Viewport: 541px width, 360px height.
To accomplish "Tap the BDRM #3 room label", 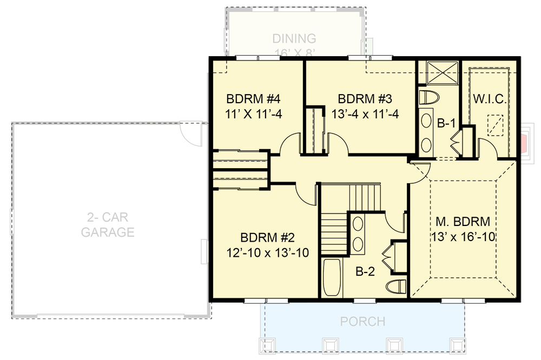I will pyautogui.click(x=364, y=99).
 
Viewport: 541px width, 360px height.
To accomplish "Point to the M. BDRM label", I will pyautogui.click(x=463, y=222).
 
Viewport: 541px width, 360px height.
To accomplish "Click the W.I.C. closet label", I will pyautogui.click(x=490, y=99).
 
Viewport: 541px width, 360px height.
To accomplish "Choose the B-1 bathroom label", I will pyautogui.click(x=445, y=123).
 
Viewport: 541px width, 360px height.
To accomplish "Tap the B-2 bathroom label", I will pyautogui.click(x=365, y=272).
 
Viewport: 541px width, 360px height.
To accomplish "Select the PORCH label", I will pyautogui.click(x=362, y=322).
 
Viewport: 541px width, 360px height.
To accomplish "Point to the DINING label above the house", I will pyautogui.click(x=294, y=39).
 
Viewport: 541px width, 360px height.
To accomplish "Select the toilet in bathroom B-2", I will pyautogui.click(x=397, y=286).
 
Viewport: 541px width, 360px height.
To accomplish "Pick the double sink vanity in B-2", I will pyautogui.click(x=358, y=234).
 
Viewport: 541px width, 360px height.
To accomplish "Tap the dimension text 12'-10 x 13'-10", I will pyautogui.click(x=267, y=252).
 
